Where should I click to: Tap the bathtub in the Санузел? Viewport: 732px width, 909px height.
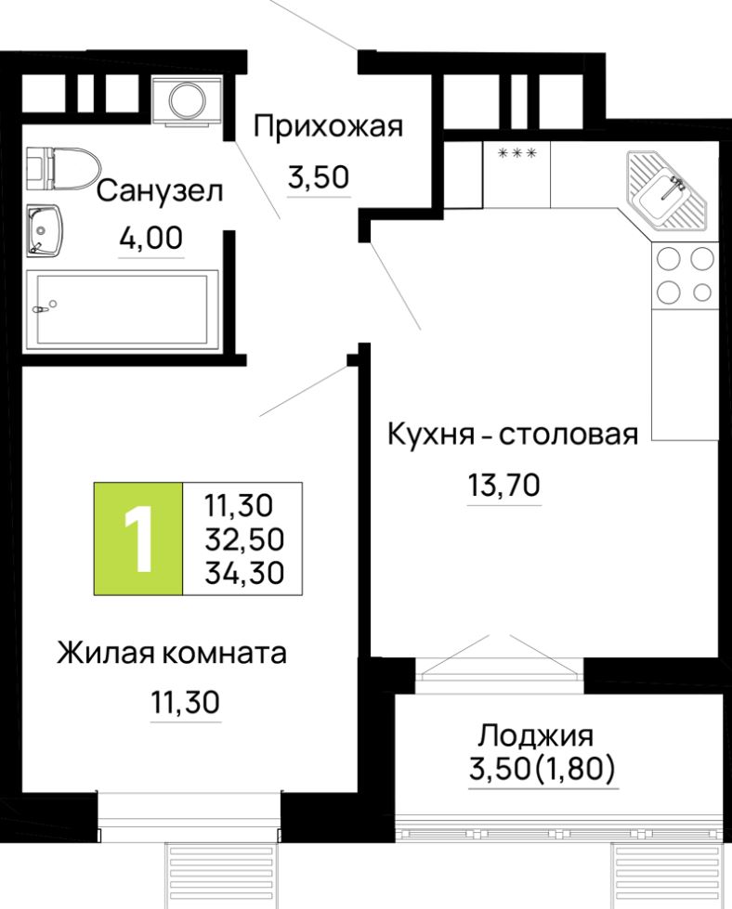click(x=122, y=309)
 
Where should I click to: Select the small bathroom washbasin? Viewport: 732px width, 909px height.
click(x=45, y=228)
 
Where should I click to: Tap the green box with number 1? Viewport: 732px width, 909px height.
click(x=138, y=539)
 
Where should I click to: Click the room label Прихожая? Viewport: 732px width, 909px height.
click(x=328, y=126)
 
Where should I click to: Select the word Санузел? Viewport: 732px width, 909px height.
click(x=160, y=192)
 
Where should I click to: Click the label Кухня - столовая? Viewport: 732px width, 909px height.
click(x=512, y=434)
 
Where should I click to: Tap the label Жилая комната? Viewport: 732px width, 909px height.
click(x=172, y=653)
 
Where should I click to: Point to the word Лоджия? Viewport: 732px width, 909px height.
click(x=535, y=736)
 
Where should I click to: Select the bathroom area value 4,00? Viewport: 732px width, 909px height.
click(x=150, y=239)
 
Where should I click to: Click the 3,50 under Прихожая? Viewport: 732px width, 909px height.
click(x=318, y=179)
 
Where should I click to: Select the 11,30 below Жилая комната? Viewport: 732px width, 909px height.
click(x=186, y=703)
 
